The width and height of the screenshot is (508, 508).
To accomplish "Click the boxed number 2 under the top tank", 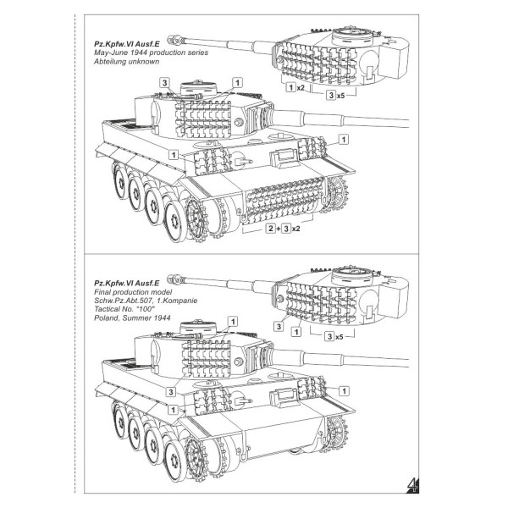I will click(x=270, y=229).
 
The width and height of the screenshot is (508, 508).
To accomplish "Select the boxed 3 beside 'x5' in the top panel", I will click(x=331, y=96).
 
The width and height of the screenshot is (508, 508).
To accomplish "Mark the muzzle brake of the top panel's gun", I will click(x=178, y=38).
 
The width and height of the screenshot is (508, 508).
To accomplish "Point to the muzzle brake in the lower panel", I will click(x=178, y=274).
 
